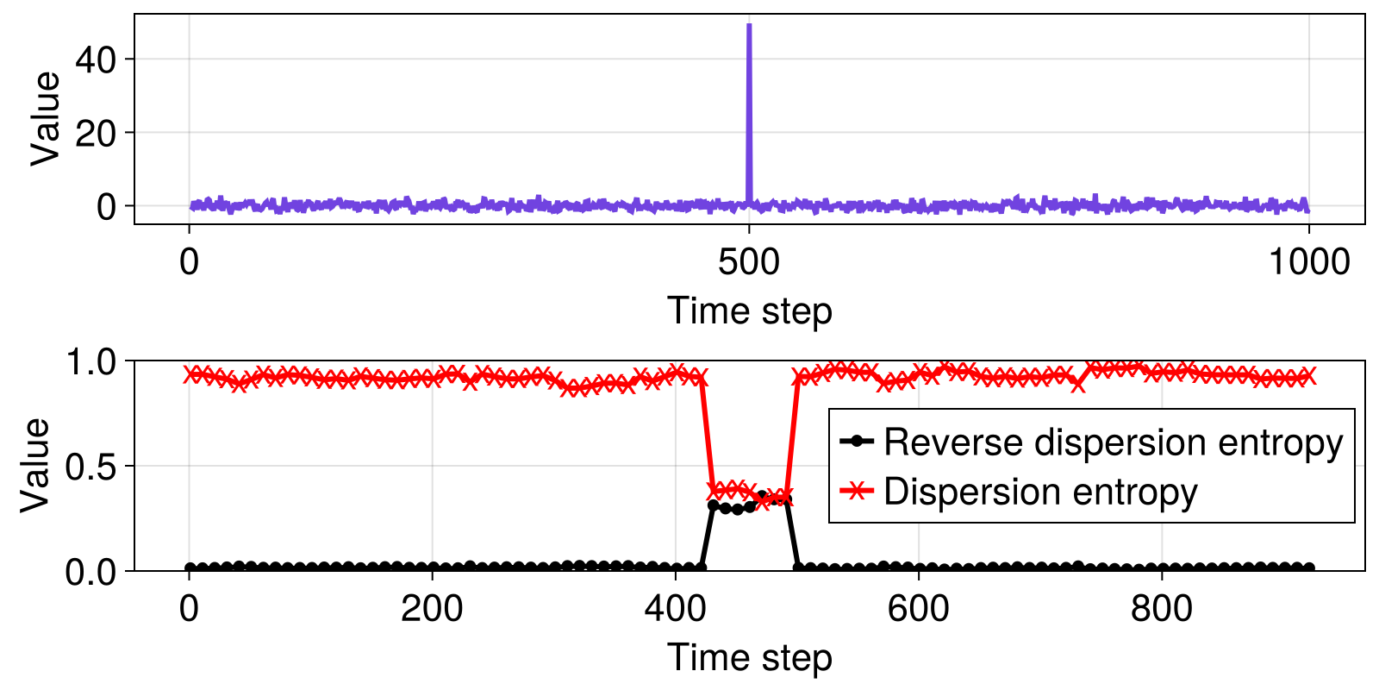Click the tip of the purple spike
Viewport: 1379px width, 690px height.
(x=749, y=25)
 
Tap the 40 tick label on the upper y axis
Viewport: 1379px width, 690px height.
(x=96, y=60)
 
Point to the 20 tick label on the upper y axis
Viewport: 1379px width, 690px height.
(x=96, y=133)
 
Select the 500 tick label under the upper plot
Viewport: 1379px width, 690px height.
(x=749, y=262)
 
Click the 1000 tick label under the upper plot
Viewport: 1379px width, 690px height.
(x=1309, y=262)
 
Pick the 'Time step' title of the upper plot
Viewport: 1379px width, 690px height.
(x=749, y=310)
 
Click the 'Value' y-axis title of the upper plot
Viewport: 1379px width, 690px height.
(x=45, y=119)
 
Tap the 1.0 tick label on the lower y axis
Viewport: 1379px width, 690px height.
(x=90, y=362)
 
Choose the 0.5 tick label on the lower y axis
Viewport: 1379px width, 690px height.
(x=90, y=467)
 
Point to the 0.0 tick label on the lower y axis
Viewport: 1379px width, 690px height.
(x=90, y=573)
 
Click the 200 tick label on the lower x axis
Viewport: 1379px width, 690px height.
(x=432, y=609)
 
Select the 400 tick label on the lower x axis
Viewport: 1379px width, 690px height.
(x=675, y=609)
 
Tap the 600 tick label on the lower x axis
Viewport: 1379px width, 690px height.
(x=918, y=609)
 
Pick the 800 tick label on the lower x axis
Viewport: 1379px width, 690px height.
(x=1161, y=609)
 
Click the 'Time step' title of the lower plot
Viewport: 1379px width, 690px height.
(x=749, y=656)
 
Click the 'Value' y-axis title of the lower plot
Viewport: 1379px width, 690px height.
(x=34, y=466)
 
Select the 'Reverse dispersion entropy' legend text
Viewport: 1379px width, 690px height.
(x=1113, y=442)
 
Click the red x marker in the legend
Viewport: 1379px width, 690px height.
(x=857, y=491)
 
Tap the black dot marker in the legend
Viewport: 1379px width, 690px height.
(x=857, y=441)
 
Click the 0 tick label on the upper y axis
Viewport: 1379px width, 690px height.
(x=107, y=207)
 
